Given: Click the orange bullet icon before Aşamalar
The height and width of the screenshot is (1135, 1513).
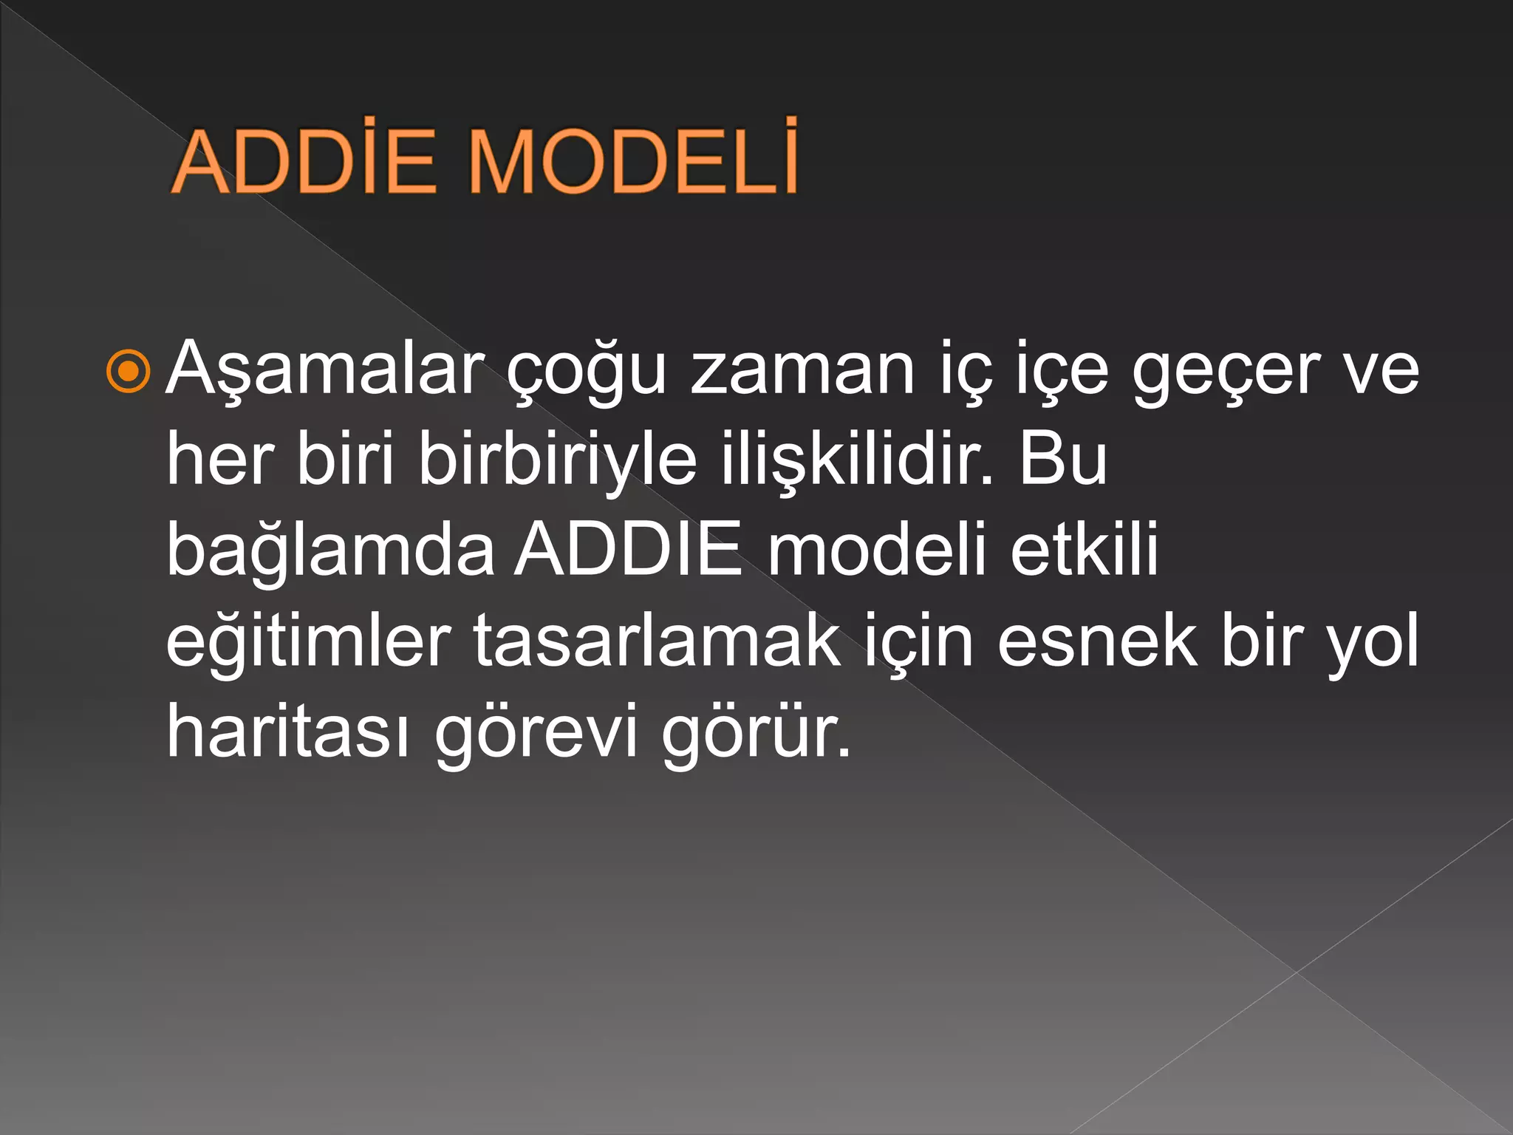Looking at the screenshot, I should click(129, 371).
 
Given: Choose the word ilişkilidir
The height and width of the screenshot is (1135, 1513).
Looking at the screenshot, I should click(857, 460).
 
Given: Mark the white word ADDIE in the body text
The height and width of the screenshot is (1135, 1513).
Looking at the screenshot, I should click(629, 549).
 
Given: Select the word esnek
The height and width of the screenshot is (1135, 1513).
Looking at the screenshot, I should click(1097, 640).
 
